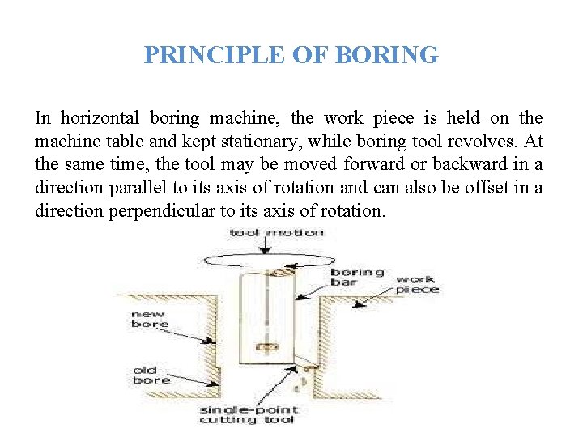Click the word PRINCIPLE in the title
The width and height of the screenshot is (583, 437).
[x=211, y=55]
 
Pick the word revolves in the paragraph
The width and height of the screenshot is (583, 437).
[x=475, y=142]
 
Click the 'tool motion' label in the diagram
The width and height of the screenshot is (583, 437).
[x=276, y=233]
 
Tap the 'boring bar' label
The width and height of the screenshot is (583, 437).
[x=357, y=278]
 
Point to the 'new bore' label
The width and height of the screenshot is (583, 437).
[x=150, y=319]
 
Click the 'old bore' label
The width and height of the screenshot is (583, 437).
[x=151, y=375]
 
